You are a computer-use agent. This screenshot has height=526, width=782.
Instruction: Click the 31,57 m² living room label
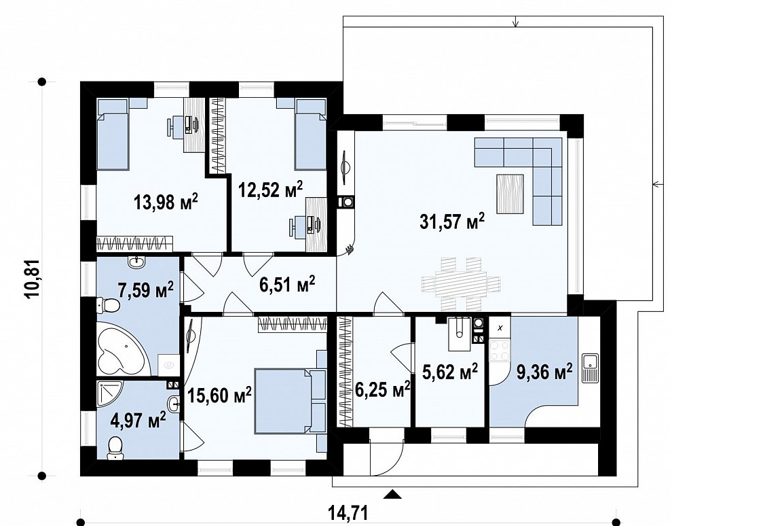pyautogui.click(x=452, y=222)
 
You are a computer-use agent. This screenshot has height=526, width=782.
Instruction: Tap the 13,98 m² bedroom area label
pyautogui.click(x=166, y=202)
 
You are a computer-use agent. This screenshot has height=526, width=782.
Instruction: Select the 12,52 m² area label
pyautogui.click(x=270, y=190)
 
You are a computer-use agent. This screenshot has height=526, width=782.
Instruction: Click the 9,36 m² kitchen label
pyautogui.click(x=544, y=371)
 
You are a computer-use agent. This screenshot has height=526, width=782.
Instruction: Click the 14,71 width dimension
pyautogui.click(x=348, y=512)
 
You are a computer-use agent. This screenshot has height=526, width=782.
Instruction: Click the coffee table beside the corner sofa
pyautogui.click(x=510, y=194)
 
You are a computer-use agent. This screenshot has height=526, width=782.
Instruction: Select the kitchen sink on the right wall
pyautogui.click(x=590, y=368)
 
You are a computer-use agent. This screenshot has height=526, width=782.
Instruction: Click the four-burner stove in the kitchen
pyautogui.click(x=500, y=350)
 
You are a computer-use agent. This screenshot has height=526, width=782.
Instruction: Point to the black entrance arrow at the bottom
pyautogui.click(x=393, y=495)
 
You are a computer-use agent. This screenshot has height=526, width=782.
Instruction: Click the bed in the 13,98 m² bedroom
pyautogui.click(x=113, y=134)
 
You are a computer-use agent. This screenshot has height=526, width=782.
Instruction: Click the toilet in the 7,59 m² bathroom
pyautogui.click(x=108, y=304)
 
